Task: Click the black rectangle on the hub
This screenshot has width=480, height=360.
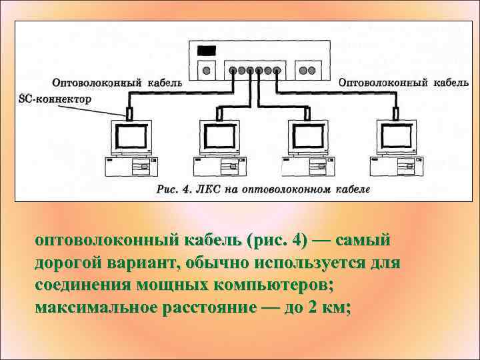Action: pos(208,51)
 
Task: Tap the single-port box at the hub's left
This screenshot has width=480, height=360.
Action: pos(207,69)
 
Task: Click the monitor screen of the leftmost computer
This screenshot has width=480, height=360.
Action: pos(132,139)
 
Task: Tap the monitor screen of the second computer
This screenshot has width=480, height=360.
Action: pos(220,139)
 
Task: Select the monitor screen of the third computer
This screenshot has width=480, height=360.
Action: pos(308,139)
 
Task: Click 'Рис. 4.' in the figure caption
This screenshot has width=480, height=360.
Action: pos(175,189)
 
